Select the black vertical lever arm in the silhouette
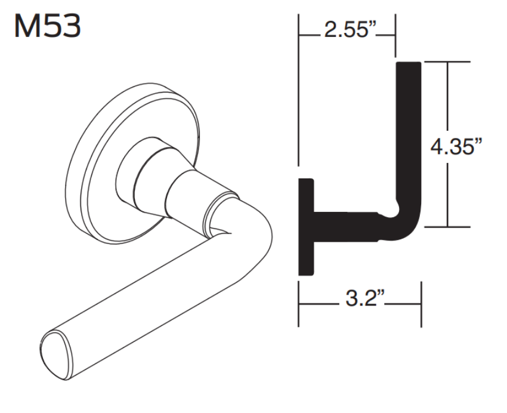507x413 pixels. pos(409,137)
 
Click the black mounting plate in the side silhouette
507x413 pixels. pos(305,227)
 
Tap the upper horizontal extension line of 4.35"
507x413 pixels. pos(447,61)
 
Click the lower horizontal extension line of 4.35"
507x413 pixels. pos(447,227)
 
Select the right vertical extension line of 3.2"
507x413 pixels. pos(421,304)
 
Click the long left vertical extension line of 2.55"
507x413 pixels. pos(298,90)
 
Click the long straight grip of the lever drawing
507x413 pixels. pos(149,286)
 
